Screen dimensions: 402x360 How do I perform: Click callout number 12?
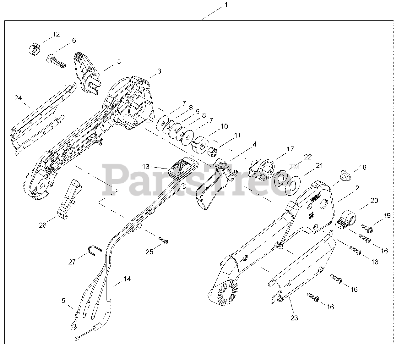pos(56,34)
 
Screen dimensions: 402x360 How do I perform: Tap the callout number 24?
pos(18,98)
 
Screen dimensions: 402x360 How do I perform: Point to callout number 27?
pos(72,262)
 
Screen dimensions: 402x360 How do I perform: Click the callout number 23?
pos(294,318)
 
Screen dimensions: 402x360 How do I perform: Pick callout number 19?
pos(387,215)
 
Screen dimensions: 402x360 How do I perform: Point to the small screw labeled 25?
pos(164,241)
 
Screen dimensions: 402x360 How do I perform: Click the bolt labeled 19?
pos(367,228)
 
